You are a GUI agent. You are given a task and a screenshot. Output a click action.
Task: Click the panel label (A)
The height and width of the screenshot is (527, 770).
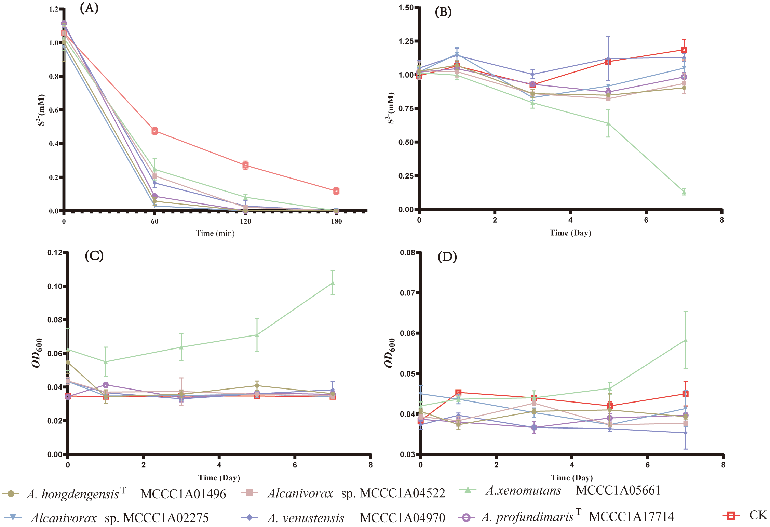[x=89, y=8]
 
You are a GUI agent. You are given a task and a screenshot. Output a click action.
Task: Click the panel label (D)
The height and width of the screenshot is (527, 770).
[x=447, y=256]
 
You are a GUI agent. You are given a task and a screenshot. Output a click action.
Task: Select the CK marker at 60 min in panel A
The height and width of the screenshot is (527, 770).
[x=154, y=131]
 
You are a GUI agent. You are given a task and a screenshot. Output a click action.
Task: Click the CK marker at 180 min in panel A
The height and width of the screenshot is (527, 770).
[x=336, y=191]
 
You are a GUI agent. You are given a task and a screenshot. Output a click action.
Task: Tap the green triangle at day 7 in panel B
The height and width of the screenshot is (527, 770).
[x=684, y=192]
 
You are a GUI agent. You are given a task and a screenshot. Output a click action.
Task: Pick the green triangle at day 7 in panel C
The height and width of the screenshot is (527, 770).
[x=333, y=283]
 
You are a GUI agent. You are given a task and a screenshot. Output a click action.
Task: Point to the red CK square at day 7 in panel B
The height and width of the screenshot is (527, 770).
[x=684, y=50]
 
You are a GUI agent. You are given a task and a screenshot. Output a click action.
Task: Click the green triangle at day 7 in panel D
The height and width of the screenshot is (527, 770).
[x=685, y=340]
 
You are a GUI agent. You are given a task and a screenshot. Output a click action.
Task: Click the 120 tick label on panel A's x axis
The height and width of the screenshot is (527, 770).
[x=245, y=221]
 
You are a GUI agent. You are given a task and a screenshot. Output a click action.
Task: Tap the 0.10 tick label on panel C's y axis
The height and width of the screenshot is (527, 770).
[x=55, y=286]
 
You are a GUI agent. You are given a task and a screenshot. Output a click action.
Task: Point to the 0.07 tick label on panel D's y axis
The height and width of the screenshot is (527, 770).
[x=407, y=293]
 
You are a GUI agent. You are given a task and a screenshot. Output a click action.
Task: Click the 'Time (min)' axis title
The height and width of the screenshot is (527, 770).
[x=215, y=233]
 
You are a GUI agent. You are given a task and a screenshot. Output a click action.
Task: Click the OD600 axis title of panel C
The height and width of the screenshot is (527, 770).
[x=38, y=353]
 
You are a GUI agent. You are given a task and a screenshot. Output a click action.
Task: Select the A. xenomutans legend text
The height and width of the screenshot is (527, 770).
[x=524, y=490]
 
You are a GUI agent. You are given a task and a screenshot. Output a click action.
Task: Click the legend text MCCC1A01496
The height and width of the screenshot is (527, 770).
[x=183, y=494]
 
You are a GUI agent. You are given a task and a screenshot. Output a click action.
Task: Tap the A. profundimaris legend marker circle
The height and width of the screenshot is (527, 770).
[x=466, y=517]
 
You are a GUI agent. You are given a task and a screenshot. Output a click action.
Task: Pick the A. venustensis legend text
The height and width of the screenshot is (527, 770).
[x=306, y=518]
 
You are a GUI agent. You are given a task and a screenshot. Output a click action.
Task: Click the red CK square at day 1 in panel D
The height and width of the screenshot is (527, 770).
[x=458, y=392]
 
